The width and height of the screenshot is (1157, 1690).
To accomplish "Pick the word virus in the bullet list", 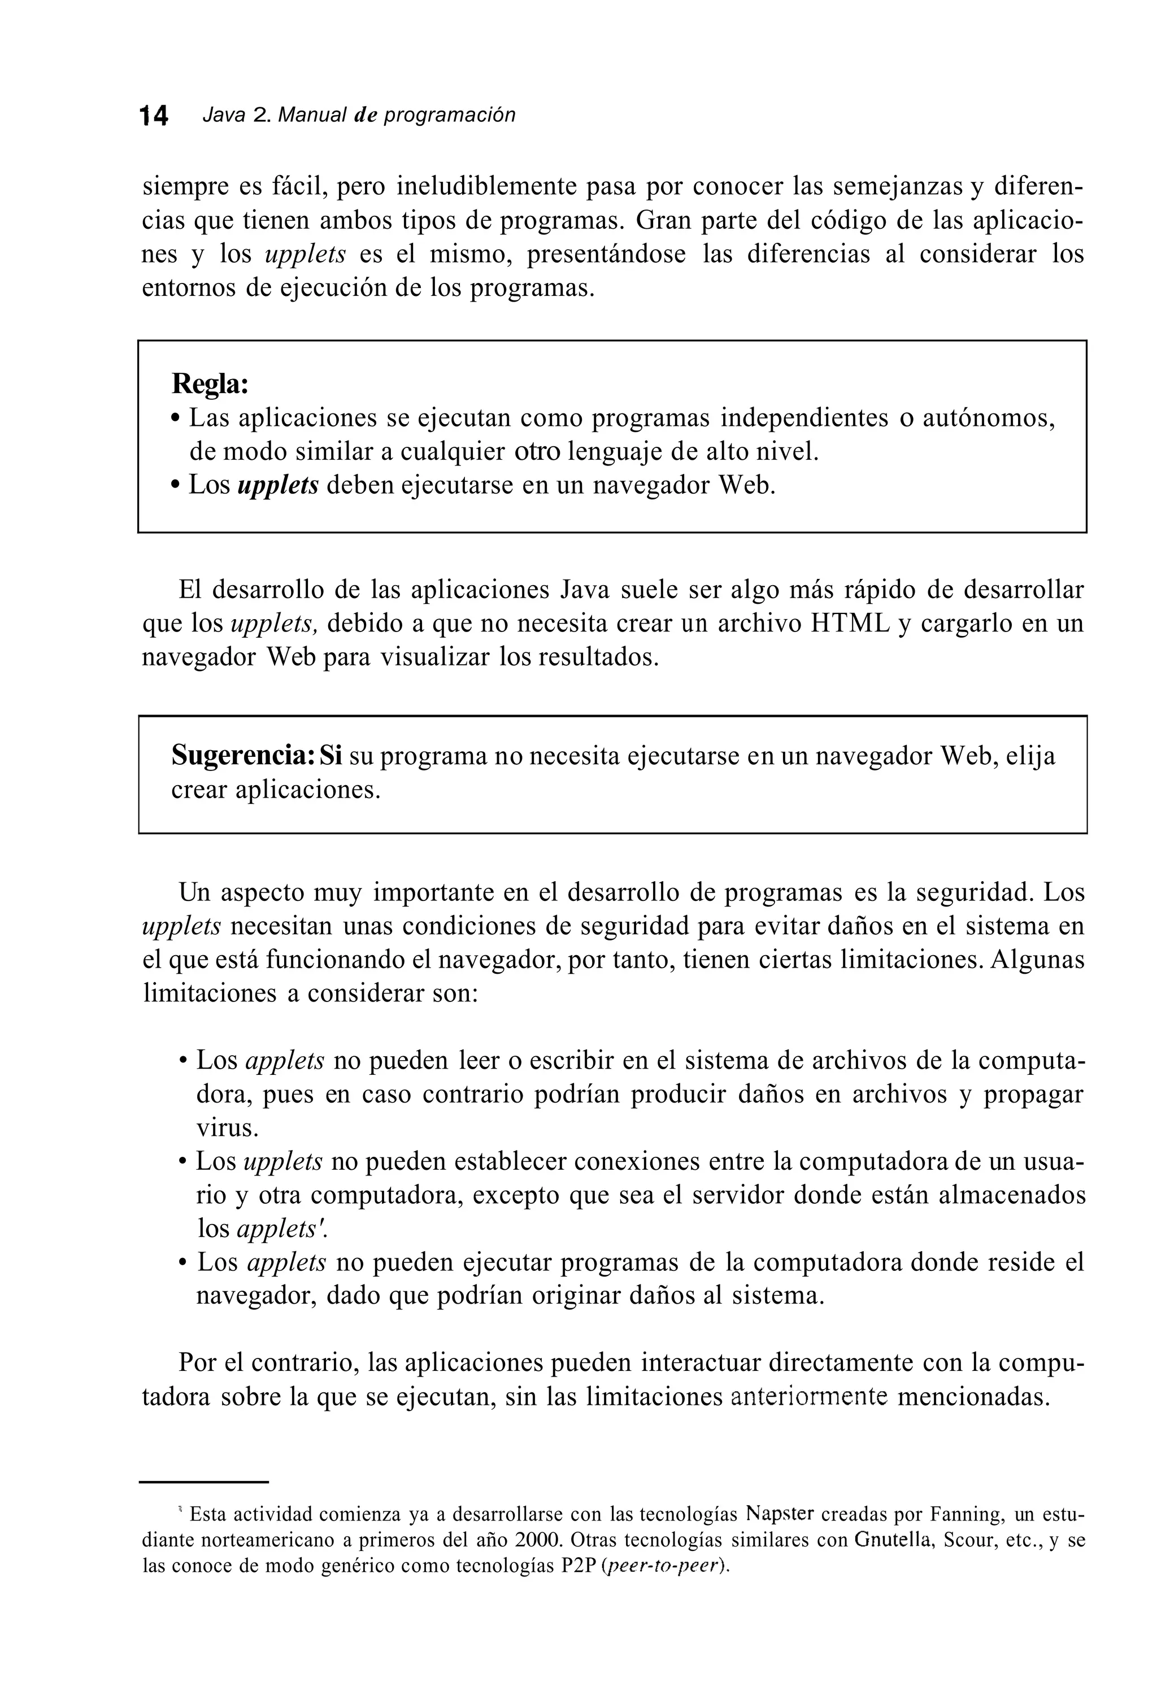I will point(228,1128).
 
